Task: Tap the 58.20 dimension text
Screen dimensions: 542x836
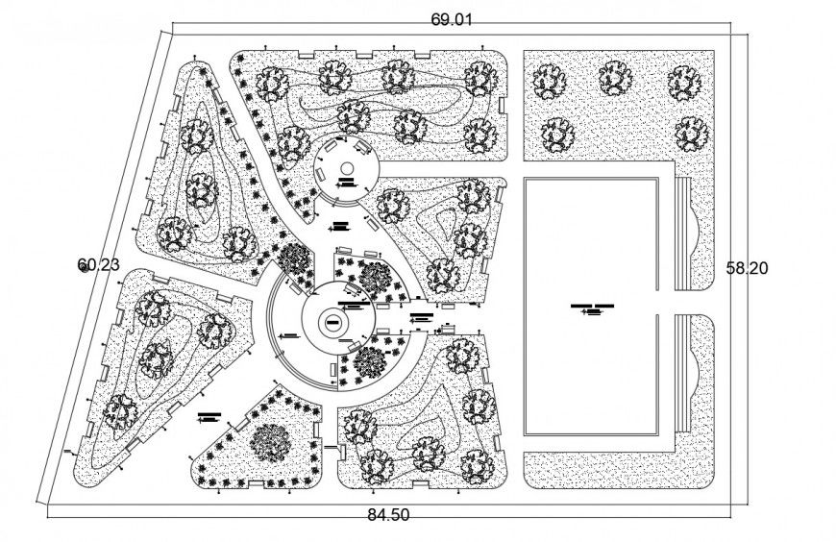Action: [x=747, y=270]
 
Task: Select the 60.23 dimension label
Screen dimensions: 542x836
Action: [x=98, y=264]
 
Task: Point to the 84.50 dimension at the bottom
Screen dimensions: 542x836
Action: [x=388, y=515]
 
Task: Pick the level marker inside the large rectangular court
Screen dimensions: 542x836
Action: [x=590, y=308]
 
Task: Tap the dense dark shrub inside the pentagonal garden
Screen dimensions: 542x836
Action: [x=272, y=441]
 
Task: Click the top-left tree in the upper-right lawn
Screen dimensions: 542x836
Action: [x=549, y=80]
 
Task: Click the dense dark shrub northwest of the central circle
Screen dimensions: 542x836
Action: [x=294, y=260]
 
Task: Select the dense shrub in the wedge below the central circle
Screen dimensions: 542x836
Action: [x=369, y=363]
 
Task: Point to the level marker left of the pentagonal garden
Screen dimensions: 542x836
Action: [x=209, y=417]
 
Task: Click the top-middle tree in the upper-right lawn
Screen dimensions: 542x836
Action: [x=615, y=79]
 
